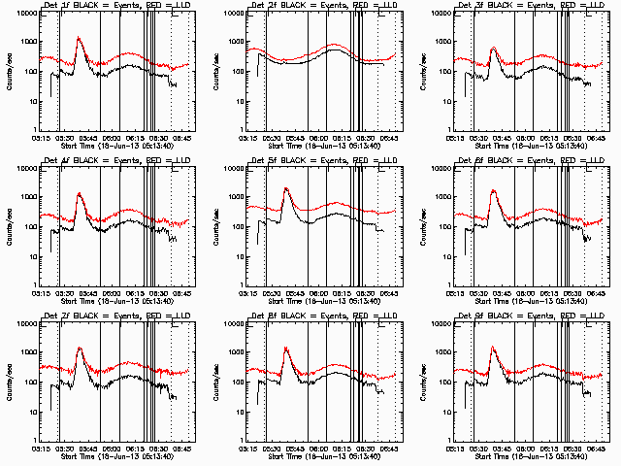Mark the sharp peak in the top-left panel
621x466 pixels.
(x=79, y=39)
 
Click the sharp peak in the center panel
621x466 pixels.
(x=286, y=187)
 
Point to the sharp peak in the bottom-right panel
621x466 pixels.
(x=494, y=348)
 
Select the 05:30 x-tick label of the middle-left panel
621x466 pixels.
(x=63, y=293)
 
